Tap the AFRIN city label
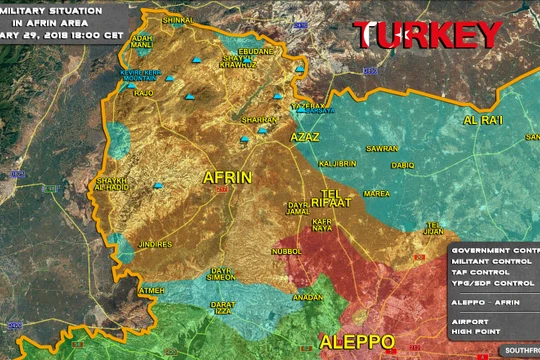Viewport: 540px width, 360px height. coord(227,177)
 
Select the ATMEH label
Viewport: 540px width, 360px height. coord(152,290)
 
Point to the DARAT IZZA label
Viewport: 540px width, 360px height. coord(222,307)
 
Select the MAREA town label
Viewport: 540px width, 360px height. coord(377,193)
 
